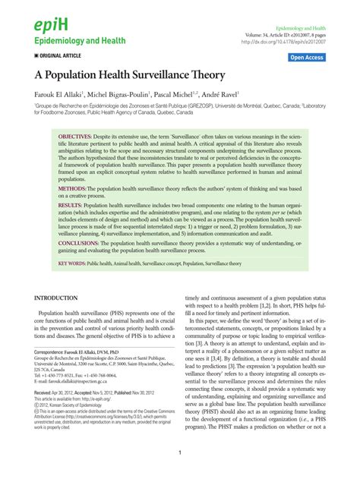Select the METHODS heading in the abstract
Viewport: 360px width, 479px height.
[x=76, y=188]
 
